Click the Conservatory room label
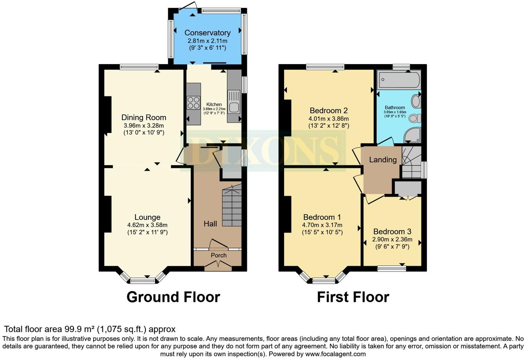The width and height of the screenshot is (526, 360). point(207,33)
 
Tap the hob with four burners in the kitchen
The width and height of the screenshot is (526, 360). point(193,103)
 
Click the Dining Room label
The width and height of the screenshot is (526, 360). point(144,117)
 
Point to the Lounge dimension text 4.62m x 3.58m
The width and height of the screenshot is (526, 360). point(147,225)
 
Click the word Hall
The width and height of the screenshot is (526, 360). point(210,224)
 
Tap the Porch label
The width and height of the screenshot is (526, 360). point(219,255)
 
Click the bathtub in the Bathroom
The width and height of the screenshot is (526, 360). point(398,80)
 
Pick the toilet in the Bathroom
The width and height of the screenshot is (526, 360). point(414,118)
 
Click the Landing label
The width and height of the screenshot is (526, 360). point(382,160)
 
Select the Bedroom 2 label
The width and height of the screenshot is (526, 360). point(328,111)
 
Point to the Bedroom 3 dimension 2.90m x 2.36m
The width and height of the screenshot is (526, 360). point(392,239)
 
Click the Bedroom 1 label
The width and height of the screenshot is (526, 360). point(322,217)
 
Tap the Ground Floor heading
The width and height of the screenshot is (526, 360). point(173,297)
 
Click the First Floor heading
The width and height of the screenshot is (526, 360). point(353,297)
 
